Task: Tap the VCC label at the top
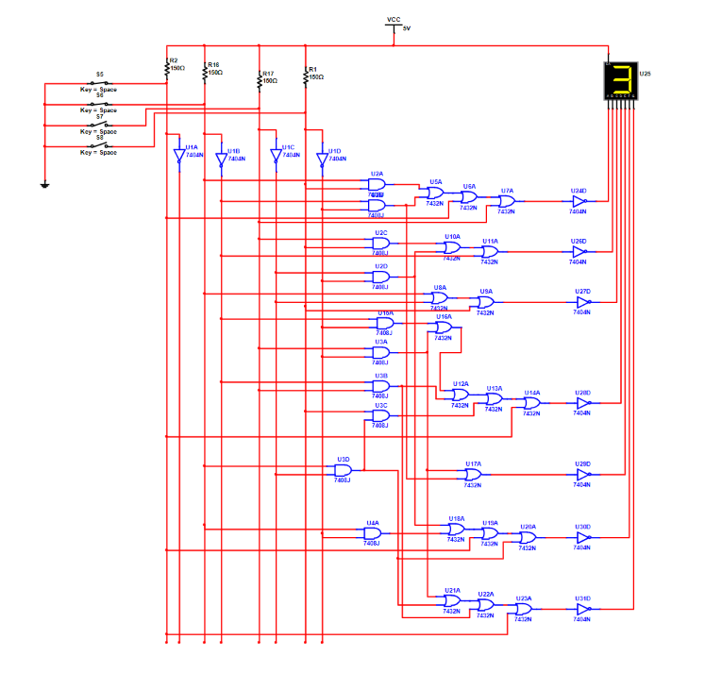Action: (x=394, y=19)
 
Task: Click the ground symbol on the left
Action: (x=43, y=183)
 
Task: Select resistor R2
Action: (x=167, y=67)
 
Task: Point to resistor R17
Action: (x=260, y=79)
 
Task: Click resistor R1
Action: (x=306, y=75)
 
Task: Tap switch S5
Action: (x=99, y=82)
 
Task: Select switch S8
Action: (x=99, y=145)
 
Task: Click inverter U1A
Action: (x=179, y=158)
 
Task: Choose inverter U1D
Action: (x=321, y=158)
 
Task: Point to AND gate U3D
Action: (x=344, y=470)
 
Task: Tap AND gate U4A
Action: (x=373, y=532)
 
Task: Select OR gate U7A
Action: (x=507, y=201)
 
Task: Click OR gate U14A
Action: (x=532, y=402)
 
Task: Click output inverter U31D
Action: (x=582, y=609)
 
